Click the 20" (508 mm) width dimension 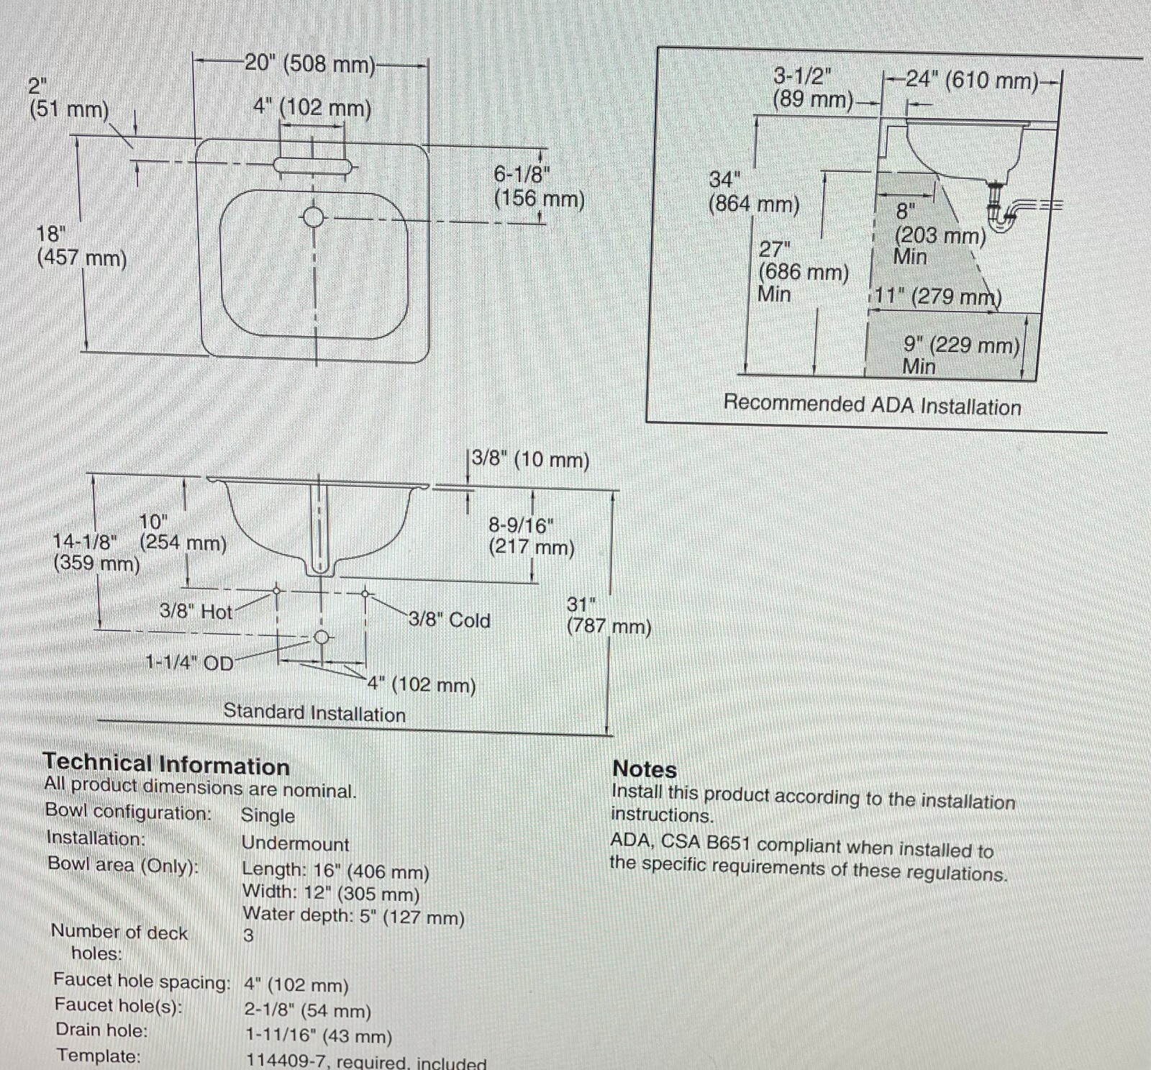[x=310, y=65]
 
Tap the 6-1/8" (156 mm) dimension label [x=538, y=186]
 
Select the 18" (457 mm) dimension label [x=81, y=246]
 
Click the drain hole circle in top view [x=313, y=216]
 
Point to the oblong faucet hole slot [x=313, y=166]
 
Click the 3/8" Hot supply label [x=196, y=612]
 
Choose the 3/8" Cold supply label [x=450, y=620]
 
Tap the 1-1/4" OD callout [x=190, y=662]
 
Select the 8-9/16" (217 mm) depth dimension [x=531, y=536]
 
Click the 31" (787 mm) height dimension [x=608, y=615]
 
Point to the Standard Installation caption [x=314, y=713]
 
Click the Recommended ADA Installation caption [x=872, y=405]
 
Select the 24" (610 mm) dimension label [x=971, y=81]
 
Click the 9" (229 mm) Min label [x=960, y=355]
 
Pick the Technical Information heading [x=166, y=765]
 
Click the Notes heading [x=645, y=769]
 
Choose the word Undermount [x=295, y=843]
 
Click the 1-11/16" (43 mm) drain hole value [x=318, y=1036]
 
